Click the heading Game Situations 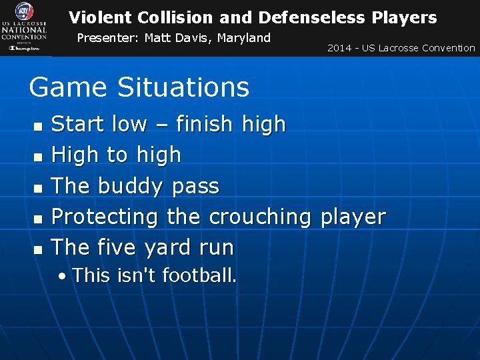pos(139,87)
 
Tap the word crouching pos(260,217)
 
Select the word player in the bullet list pos(353,217)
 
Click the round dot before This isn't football pos(61,275)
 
